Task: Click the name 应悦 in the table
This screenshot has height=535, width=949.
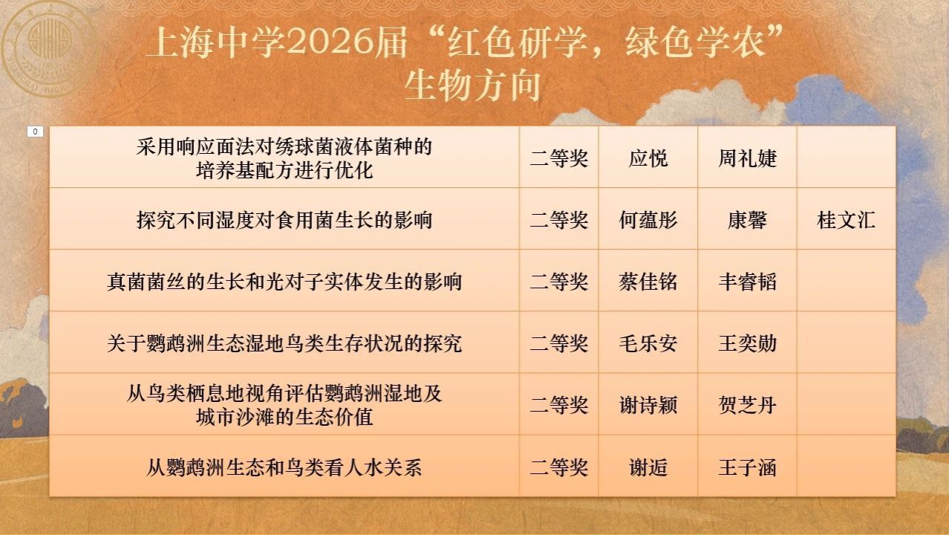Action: pyautogui.click(x=648, y=158)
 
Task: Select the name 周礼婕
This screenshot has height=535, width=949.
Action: pyautogui.click(x=747, y=158)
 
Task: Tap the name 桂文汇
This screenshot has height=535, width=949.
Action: pyautogui.click(x=846, y=220)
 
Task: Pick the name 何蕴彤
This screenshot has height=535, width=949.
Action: pyautogui.click(x=648, y=220)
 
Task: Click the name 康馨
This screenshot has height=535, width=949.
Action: pyautogui.click(x=747, y=220)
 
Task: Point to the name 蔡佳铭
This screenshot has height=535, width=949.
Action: pyautogui.click(x=648, y=282)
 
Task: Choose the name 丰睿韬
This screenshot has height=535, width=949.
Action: pyautogui.click(x=747, y=282)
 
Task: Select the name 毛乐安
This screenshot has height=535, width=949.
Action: pyautogui.click(x=648, y=343)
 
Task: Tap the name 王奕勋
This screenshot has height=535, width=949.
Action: pyautogui.click(x=747, y=343)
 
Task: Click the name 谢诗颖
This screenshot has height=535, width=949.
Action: pyautogui.click(x=648, y=405)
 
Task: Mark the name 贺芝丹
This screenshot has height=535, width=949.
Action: pyautogui.click(x=747, y=405)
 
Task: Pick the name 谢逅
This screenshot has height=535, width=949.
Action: pyautogui.click(x=648, y=467)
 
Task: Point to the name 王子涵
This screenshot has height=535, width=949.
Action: pyautogui.click(x=747, y=467)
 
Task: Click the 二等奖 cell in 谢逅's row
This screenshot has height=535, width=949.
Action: pyautogui.click(x=559, y=467)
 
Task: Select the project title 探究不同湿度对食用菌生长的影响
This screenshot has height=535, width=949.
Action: pyautogui.click(x=284, y=220)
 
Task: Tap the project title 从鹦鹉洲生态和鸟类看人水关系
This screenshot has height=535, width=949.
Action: pyautogui.click(x=284, y=467)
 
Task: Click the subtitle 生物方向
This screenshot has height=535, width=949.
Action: pyautogui.click(x=472, y=85)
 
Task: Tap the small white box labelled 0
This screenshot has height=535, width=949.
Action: pyautogui.click(x=35, y=132)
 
